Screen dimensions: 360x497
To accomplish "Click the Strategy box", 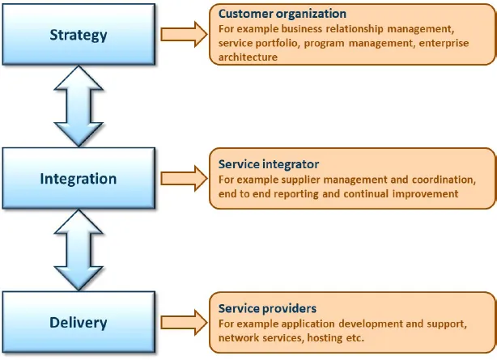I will pyautogui.click(x=78, y=36).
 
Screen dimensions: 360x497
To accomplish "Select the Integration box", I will pyautogui.click(x=78, y=178).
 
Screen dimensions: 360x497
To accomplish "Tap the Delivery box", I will pyautogui.click(x=78, y=322).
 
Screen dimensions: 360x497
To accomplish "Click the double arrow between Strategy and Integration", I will pyautogui.click(x=78, y=107).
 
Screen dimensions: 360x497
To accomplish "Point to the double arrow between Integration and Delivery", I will pyautogui.click(x=78, y=250).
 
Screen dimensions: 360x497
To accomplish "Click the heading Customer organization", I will pyautogui.click(x=282, y=14).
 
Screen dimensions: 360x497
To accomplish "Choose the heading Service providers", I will pyautogui.click(x=267, y=308).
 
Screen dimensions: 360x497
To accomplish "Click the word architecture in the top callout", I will pyautogui.click(x=248, y=57).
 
